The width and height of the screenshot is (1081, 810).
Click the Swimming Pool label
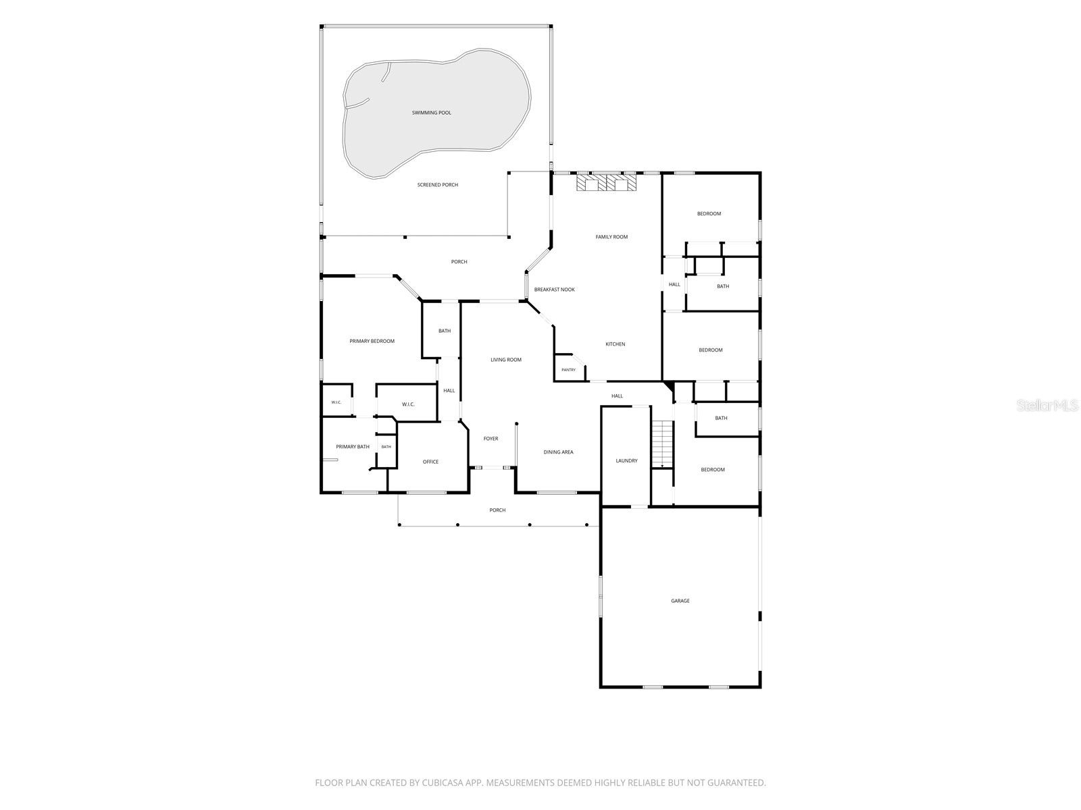(432, 113)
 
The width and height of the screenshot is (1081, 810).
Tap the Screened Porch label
(437, 185)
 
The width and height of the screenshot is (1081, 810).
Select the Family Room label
(611, 237)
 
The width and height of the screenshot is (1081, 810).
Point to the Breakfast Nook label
(554, 290)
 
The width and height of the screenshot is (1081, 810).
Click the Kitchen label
(615, 344)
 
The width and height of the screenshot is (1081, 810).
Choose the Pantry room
(568, 370)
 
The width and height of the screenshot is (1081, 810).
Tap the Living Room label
(506, 360)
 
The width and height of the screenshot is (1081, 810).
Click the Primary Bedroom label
(372, 342)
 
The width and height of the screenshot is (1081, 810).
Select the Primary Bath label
(353, 447)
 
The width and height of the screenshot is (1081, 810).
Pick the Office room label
(430, 462)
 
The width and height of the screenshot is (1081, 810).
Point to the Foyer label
(491, 439)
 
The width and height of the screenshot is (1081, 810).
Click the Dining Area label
(558, 452)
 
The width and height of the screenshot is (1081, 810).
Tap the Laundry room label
(626, 461)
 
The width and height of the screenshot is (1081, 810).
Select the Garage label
(680, 601)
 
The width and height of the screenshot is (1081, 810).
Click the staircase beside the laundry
(662, 444)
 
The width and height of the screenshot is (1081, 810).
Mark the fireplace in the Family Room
(607, 183)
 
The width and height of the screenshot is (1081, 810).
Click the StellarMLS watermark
(1047, 406)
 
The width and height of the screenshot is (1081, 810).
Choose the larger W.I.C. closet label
(408, 405)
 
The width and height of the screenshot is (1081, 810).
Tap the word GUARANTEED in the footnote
(736, 783)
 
